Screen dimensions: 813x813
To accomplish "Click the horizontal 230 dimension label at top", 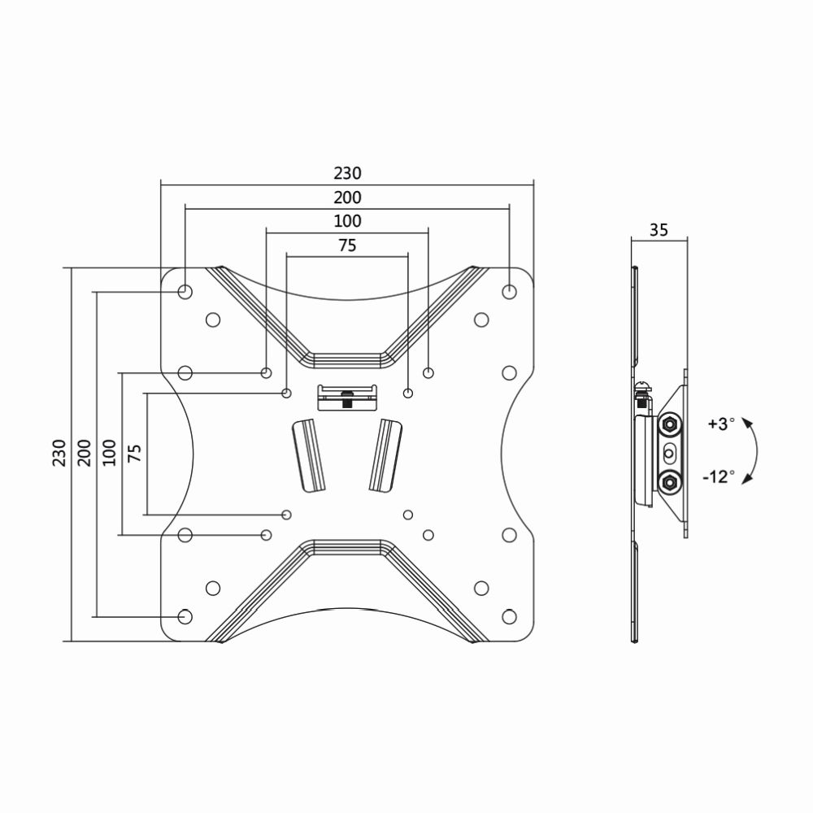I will [x=347, y=173].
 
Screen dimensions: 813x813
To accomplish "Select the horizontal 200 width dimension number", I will [x=347, y=198].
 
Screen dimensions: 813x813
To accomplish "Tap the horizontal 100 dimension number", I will [x=347, y=221].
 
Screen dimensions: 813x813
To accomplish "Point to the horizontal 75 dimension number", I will [x=347, y=246].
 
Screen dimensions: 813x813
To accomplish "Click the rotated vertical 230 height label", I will [x=59, y=453].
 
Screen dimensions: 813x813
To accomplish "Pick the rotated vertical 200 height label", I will [x=84, y=453].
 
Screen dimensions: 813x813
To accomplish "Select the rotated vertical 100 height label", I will [x=109, y=453].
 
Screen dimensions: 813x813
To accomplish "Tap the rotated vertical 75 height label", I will [x=134, y=453].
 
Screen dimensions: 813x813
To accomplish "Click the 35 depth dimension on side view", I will [x=659, y=230].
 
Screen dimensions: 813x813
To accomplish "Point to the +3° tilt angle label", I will [x=720, y=424].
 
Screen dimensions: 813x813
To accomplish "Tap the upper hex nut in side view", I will [x=669, y=424].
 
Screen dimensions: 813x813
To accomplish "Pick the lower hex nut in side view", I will [x=669, y=481].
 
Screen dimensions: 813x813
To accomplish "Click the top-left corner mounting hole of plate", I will [x=185, y=291].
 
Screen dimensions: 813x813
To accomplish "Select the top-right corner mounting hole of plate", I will [x=509, y=291].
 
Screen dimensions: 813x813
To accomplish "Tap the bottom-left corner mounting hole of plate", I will [x=185, y=616].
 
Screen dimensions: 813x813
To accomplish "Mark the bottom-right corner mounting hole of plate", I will [x=509, y=616].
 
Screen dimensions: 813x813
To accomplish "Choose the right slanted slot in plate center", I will [x=385, y=454].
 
